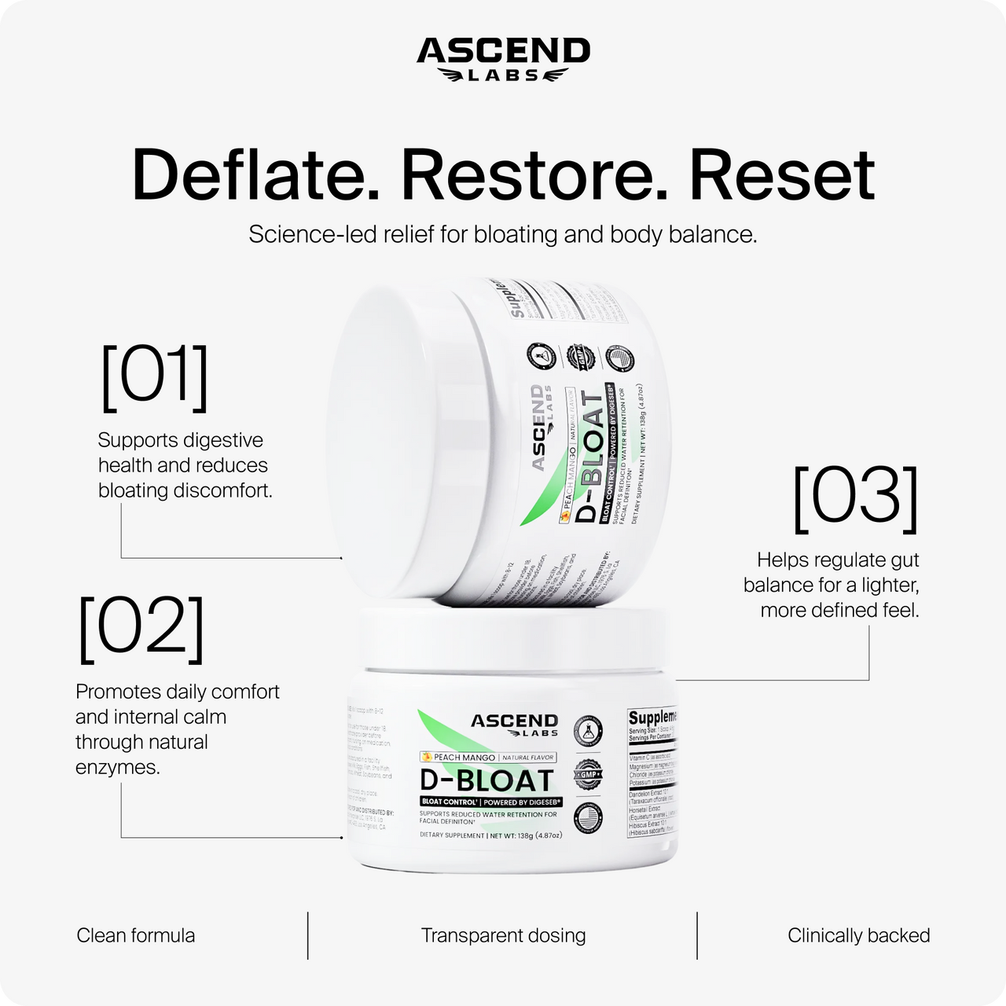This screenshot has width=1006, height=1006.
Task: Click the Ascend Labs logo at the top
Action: click(503, 58)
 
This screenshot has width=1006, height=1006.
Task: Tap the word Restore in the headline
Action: click(534, 174)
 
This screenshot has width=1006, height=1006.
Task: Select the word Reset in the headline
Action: click(781, 174)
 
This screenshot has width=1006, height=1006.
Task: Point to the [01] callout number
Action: click(155, 377)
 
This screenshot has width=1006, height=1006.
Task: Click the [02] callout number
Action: click(141, 629)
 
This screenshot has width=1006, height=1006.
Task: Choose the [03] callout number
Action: click(856, 499)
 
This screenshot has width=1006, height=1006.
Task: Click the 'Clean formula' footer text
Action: click(136, 935)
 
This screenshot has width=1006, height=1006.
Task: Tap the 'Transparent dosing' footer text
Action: click(503, 935)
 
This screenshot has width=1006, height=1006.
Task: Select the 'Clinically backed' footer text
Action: click(858, 935)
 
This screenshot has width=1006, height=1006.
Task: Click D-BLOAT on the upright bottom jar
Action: click(487, 781)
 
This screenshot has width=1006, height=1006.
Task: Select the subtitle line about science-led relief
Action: click(503, 234)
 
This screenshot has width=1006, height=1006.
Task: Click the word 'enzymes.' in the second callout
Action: click(118, 767)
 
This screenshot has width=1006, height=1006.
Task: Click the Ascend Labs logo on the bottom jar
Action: click(515, 725)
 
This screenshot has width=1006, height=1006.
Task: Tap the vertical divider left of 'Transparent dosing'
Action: click(307, 935)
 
